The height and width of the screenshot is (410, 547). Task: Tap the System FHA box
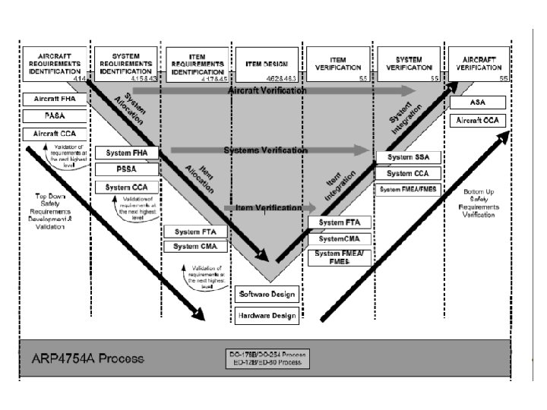click(127, 153)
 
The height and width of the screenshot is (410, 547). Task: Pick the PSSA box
click(127, 169)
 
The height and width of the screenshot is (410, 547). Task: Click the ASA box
click(478, 102)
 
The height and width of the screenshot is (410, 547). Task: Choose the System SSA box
click(409, 157)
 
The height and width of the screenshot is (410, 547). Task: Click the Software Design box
click(267, 294)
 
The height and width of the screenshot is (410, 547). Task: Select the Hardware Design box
click(267, 314)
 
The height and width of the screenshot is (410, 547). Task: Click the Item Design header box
click(267, 64)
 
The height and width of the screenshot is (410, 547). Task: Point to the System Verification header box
click(409, 64)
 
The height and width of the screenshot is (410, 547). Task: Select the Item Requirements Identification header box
click(196, 64)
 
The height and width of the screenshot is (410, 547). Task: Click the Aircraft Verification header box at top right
click(479, 64)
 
